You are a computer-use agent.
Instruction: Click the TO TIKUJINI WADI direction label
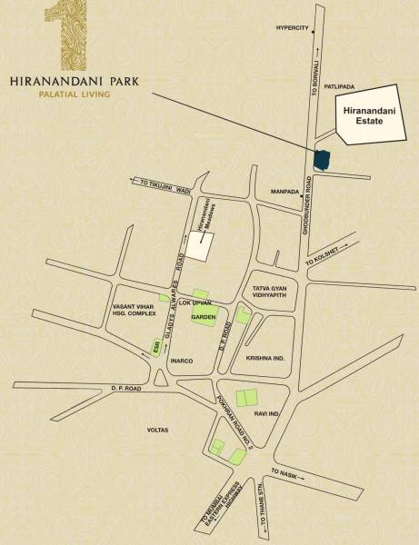point(164,184)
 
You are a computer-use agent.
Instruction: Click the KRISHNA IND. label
point(265,358)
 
